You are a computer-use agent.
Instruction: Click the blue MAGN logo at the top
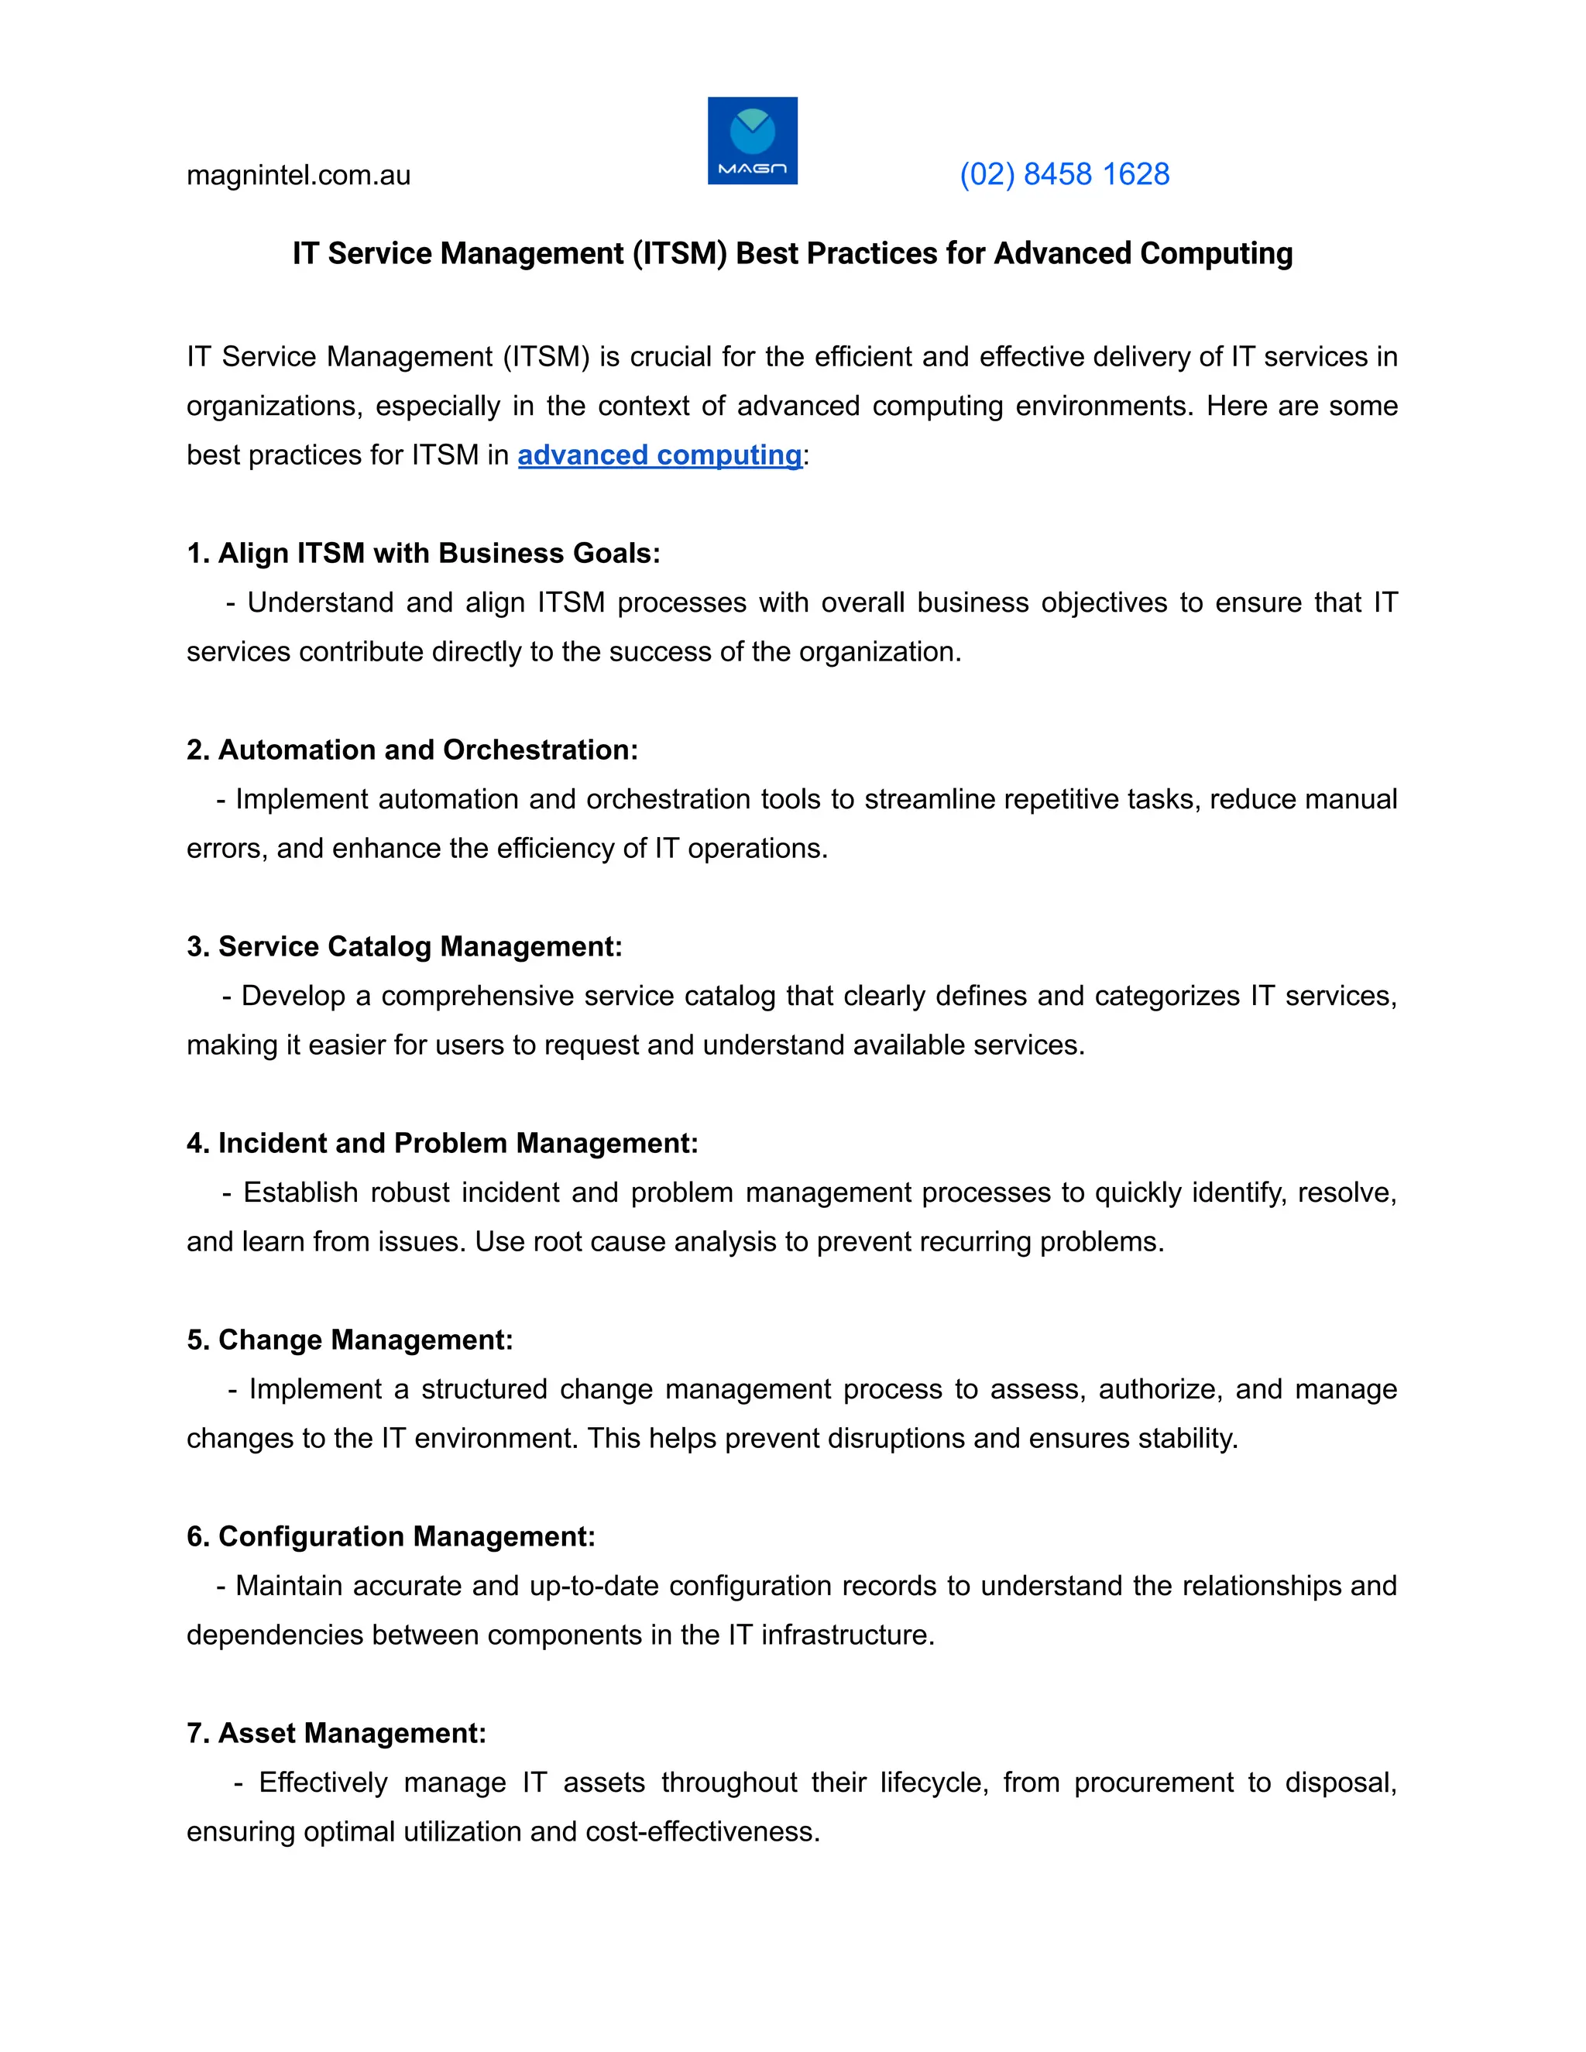pyautogui.click(x=752, y=141)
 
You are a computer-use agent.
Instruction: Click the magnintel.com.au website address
pyautogui.click(x=298, y=176)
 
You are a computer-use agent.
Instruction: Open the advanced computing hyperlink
pyautogui.click(x=660, y=455)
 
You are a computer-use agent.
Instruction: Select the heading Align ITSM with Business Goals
pyautogui.click(x=423, y=554)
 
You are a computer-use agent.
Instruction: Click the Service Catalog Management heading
pyautogui.click(x=404, y=946)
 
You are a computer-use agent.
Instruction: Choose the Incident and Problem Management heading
pyautogui.click(x=441, y=1144)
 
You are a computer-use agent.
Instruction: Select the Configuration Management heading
pyautogui.click(x=391, y=1536)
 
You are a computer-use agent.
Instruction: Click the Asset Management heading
pyautogui.click(x=336, y=1734)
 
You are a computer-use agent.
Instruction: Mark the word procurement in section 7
pyautogui.click(x=1154, y=1783)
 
